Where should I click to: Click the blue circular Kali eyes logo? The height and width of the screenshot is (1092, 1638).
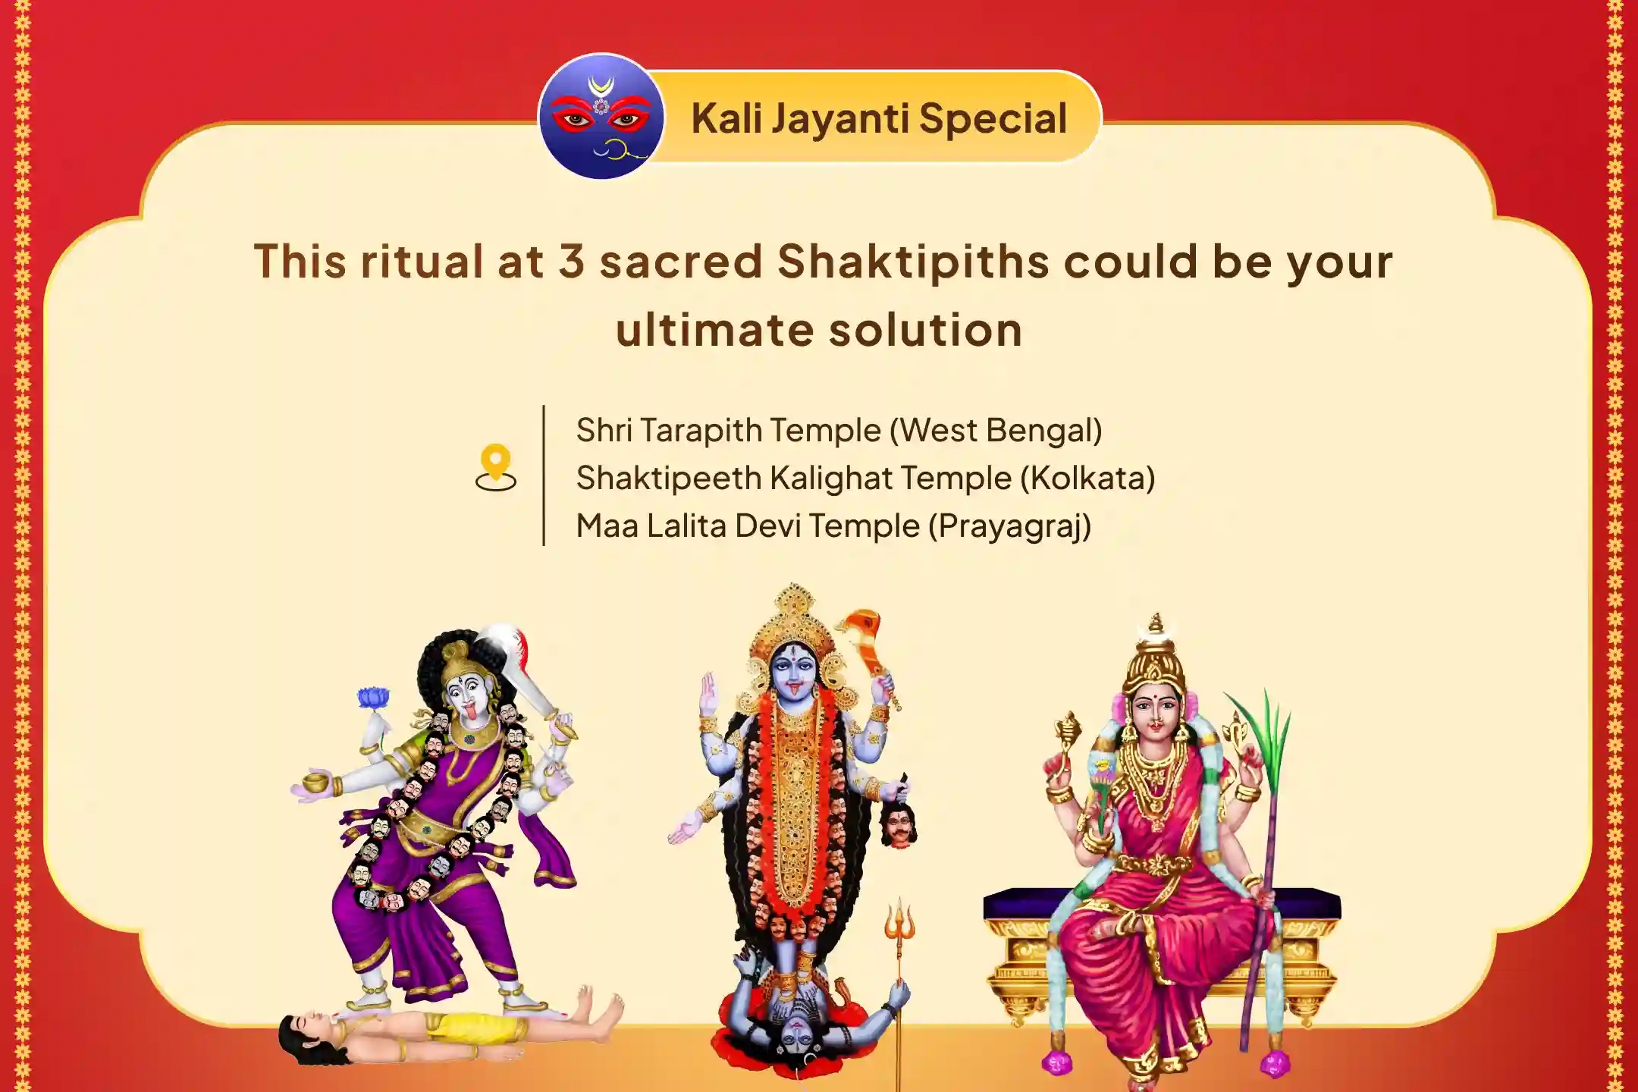(601, 116)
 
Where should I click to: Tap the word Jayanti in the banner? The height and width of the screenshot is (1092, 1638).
(841, 119)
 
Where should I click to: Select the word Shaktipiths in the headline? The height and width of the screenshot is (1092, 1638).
(913, 262)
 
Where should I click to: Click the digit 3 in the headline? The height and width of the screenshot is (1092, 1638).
(572, 261)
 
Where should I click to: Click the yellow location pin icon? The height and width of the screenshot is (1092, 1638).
(495, 467)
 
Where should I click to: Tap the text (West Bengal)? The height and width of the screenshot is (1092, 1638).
(996, 431)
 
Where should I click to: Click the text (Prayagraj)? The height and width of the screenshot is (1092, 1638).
(1009, 526)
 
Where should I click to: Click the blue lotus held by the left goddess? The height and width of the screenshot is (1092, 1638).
(373, 697)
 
